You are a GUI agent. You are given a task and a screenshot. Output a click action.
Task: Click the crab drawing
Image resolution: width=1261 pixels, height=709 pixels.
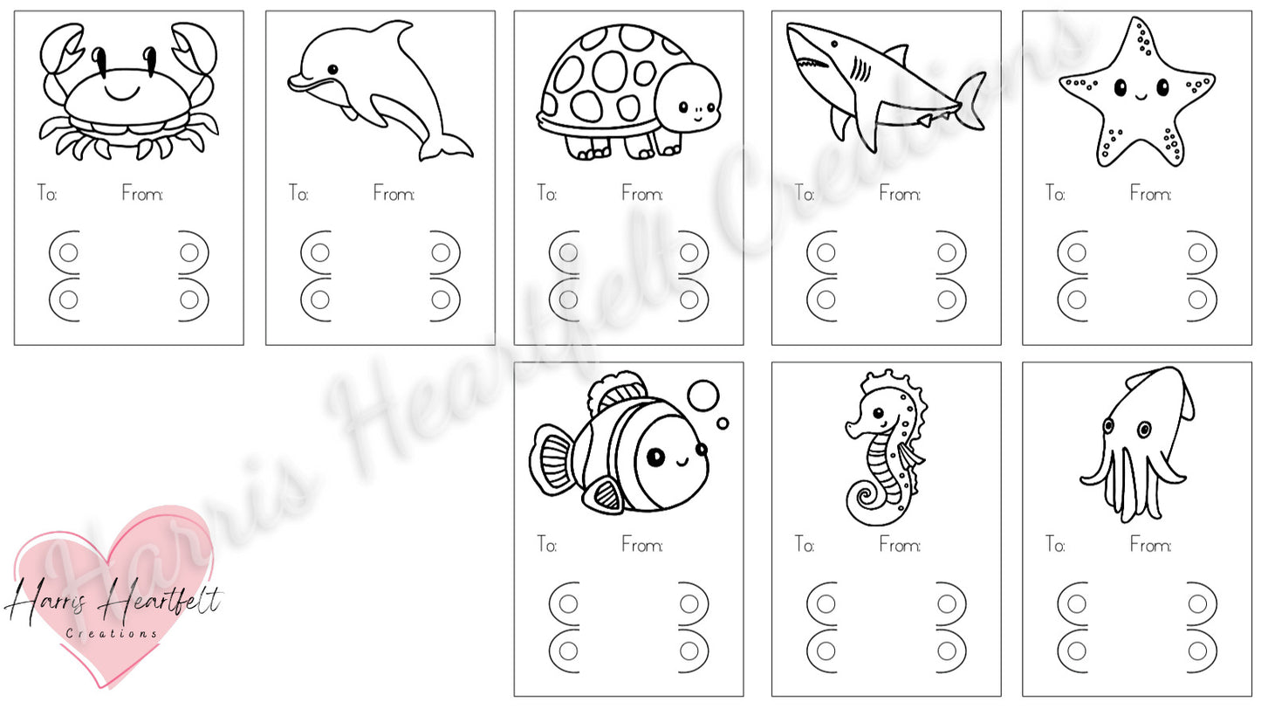128,91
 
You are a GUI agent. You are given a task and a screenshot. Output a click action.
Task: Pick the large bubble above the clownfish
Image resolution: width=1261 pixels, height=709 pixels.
703,396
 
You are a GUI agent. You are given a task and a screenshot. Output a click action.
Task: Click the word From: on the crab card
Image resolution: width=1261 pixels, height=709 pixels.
142,194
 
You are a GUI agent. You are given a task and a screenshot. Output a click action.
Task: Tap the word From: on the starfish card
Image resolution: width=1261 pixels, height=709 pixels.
1151,194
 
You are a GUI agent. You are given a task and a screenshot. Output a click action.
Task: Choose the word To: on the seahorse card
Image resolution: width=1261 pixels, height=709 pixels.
805,545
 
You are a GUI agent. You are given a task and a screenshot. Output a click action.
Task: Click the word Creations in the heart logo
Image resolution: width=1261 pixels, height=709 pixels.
112,634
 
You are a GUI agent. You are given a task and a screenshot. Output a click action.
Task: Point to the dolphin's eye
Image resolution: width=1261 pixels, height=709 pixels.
332,70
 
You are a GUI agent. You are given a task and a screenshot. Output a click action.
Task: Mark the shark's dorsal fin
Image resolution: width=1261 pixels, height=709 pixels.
896,54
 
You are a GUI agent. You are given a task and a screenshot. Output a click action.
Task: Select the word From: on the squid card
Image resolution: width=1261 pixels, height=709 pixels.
1151,545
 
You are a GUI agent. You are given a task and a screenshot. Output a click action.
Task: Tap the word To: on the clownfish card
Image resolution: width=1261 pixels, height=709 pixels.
546,545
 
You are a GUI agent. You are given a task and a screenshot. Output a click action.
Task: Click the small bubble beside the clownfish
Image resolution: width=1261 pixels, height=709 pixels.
723,423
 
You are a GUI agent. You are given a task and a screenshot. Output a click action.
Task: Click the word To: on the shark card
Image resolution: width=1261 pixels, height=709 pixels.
805,194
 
